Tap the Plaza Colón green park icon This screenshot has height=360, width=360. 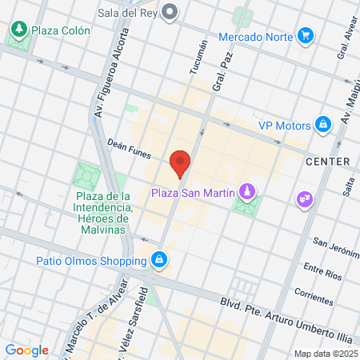18,30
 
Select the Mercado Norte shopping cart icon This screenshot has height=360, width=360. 305,35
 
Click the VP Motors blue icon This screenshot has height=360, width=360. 322,124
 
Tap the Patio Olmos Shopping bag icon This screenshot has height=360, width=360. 160,259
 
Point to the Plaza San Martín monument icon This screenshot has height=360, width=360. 249,191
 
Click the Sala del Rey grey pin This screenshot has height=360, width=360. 170,11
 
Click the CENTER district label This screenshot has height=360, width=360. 328,162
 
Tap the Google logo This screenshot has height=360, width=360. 26,350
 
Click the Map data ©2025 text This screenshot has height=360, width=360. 325,354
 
